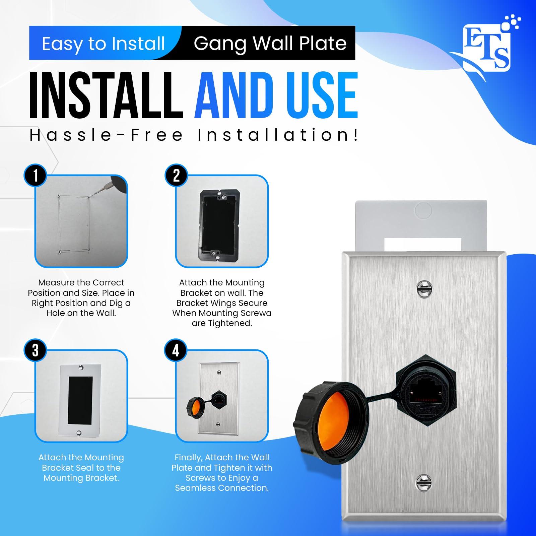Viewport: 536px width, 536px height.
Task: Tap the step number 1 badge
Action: click(x=36, y=175)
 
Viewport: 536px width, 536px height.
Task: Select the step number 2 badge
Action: click(x=176, y=175)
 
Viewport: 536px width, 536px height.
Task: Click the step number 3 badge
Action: click(x=36, y=350)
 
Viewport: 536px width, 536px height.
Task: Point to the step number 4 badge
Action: click(x=176, y=350)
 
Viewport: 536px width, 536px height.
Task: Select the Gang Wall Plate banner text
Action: click(x=270, y=43)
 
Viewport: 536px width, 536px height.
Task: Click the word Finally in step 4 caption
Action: click(x=188, y=458)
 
